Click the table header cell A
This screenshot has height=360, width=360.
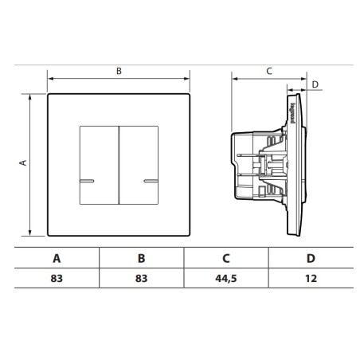[56, 258]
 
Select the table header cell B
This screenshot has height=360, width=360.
[141, 258]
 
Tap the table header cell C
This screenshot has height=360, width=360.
[226, 258]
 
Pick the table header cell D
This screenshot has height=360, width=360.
[311, 258]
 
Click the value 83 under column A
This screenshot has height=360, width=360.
[56, 280]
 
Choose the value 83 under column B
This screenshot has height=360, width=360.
[141, 280]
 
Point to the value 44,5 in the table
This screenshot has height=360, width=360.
[226, 280]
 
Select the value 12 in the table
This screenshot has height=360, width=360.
[311, 280]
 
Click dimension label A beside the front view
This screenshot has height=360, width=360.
[23, 162]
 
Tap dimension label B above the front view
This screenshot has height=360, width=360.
[119, 71]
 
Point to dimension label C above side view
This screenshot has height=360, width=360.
[268, 71]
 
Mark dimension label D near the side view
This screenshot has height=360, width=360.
[315, 84]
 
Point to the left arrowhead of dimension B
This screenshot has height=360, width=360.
[51, 78]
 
